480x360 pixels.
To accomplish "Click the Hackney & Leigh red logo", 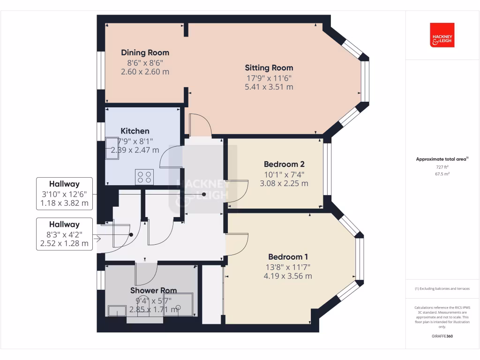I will (442, 35).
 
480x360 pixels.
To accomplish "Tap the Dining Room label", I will (145, 52).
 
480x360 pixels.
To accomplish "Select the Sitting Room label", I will (269, 67).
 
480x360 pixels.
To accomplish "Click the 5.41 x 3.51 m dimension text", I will (269, 87).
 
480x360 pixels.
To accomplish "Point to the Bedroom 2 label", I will (284, 164).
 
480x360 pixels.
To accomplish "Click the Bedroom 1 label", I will (288, 257).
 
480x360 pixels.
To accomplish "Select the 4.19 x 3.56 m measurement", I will (288, 276).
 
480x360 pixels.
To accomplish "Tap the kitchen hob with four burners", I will (144, 177).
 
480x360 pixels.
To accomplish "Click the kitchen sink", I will (112, 148).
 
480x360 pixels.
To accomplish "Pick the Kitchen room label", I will (135, 131).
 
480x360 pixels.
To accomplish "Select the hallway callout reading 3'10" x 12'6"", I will (64, 194).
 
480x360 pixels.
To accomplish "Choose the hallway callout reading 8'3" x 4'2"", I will (64, 234).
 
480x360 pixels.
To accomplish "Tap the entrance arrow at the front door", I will (97, 239).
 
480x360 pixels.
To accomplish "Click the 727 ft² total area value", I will (442, 167).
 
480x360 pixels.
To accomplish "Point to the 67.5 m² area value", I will (442, 174).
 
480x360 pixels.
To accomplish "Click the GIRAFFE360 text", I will (442, 336).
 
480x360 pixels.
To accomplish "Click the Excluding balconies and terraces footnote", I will (442, 289).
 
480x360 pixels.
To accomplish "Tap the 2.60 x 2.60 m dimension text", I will (145, 72).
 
